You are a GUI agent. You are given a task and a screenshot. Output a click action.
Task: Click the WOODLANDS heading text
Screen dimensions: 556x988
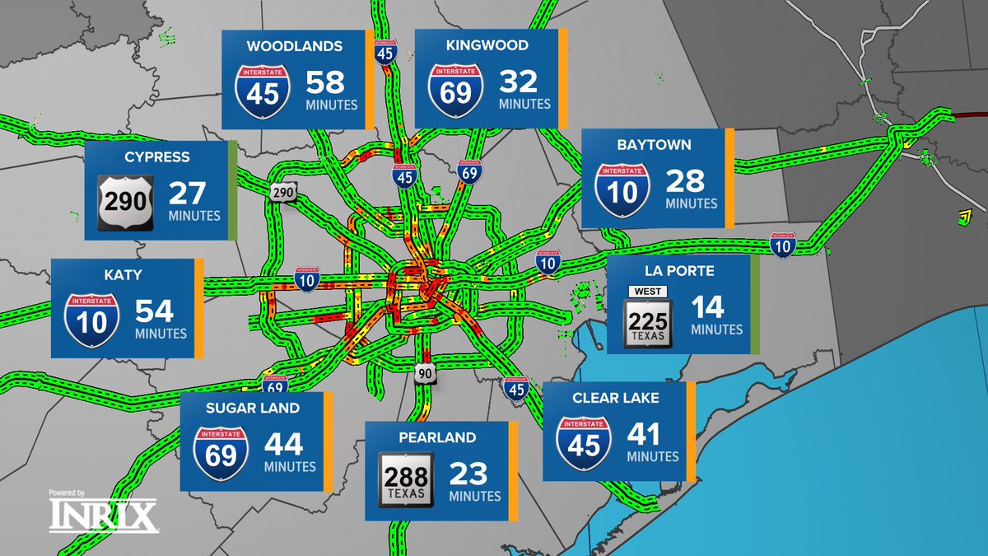(294, 47)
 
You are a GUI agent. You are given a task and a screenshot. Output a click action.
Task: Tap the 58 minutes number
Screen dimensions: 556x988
(325, 82)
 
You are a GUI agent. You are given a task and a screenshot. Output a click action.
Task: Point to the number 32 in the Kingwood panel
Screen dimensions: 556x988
(518, 82)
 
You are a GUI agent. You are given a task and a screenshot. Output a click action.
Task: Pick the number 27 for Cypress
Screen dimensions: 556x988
(187, 194)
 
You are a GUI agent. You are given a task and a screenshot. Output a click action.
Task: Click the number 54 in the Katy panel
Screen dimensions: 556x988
(155, 311)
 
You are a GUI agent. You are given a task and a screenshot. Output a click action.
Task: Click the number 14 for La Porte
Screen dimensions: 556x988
(707, 307)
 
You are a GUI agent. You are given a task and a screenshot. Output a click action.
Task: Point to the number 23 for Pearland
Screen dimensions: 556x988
(468, 474)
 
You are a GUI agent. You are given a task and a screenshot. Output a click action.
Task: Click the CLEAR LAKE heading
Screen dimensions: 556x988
(616, 398)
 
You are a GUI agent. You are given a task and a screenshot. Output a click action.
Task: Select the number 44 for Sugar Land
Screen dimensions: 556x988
(283, 445)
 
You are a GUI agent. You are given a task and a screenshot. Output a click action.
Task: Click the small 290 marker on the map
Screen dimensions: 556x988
(282, 192)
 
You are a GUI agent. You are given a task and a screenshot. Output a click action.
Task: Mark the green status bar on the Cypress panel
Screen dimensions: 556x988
(233, 190)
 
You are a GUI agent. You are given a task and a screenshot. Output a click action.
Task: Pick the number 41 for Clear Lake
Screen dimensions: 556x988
(646, 434)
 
